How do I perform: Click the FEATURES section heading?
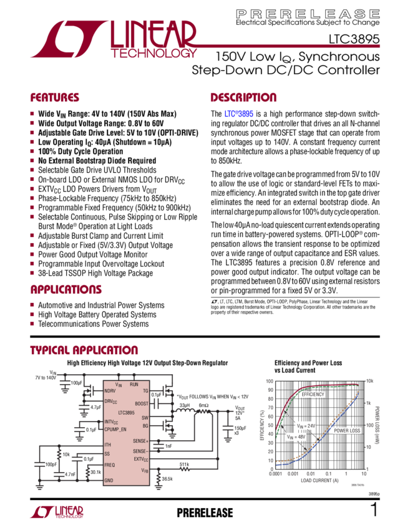[x=55, y=98]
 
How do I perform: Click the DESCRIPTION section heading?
[x=243, y=98]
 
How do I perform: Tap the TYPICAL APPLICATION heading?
[x=84, y=350]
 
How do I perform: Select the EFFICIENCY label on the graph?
[x=313, y=395]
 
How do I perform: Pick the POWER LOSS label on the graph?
[x=347, y=430]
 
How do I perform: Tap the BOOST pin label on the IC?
[x=141, y=403]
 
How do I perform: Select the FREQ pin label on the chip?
[x=109, y=465]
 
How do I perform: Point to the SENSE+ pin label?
[x=140, y=441]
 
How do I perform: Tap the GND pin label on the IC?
[x=109, y=481]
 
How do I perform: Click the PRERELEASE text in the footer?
[x=205, y=513]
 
